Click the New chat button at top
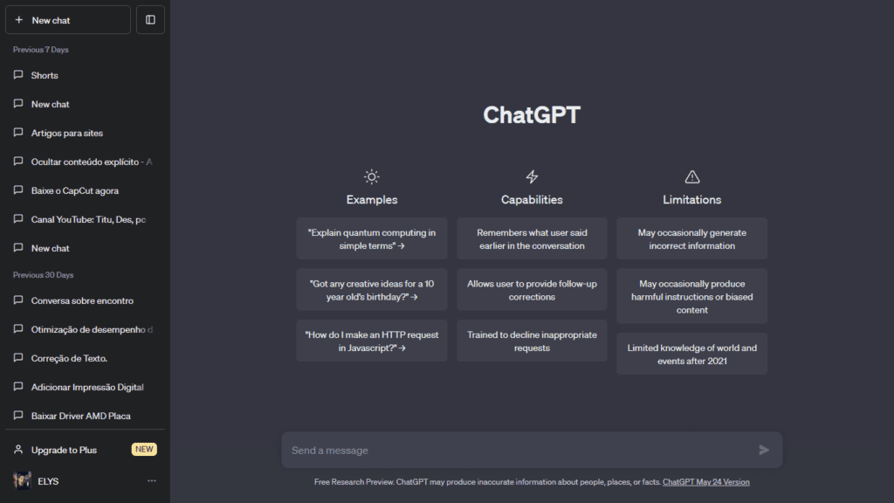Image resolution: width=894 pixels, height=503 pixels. (67, 19)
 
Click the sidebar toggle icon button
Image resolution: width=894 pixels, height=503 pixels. (150, 19)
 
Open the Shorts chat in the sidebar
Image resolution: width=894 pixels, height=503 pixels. (45, 75)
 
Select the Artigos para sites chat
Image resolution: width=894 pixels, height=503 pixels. (66, 133)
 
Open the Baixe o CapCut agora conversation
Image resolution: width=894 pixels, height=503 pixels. (74, 190)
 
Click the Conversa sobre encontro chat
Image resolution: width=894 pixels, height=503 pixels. (82, 300)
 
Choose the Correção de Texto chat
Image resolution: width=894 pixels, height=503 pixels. (69, 358)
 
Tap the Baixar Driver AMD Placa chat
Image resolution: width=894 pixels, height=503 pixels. (80, 416)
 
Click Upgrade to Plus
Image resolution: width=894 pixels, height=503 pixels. (64, 450)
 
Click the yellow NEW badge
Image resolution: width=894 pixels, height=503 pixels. (144, 450)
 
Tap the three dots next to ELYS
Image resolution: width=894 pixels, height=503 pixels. (152, 481)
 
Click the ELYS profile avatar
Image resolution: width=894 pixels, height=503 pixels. (22, 481)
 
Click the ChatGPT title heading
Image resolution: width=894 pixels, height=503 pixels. (531, 115)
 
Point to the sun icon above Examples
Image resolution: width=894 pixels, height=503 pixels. (371, 176)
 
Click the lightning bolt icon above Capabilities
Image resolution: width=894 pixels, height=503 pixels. (532, 176)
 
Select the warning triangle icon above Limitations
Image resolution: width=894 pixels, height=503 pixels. (692, 176)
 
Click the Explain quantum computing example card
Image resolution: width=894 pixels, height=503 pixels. (371, 238)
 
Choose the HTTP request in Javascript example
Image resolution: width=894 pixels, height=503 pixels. (371, 341)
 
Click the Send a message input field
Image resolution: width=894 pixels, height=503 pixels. (519, 450)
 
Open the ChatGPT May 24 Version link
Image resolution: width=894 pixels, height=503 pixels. (705, 482)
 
